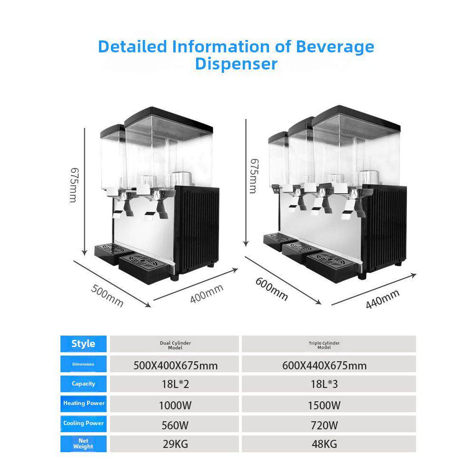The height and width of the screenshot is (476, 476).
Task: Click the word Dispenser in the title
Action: (236, 63)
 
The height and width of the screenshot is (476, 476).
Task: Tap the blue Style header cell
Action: (83, 344)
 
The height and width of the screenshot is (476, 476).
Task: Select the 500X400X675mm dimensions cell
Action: (174, 366)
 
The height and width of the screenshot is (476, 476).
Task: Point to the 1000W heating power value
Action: (174, 405)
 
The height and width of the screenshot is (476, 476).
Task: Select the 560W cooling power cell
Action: (174, 425)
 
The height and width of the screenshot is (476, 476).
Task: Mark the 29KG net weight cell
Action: (174, 445)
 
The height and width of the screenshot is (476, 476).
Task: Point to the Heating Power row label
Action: (83, 403)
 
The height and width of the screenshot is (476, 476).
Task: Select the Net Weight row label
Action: (83, 444)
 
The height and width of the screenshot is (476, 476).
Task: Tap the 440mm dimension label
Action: (382, 299)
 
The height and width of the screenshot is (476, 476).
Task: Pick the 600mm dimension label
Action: (272, 288)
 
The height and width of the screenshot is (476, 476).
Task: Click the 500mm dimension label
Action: (108, 296)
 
